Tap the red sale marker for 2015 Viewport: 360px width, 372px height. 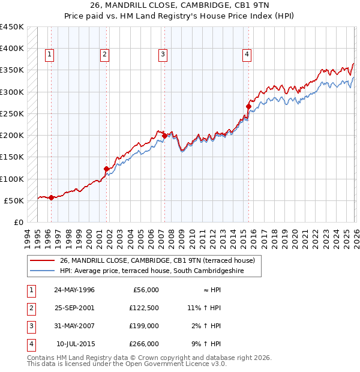click(248, 107)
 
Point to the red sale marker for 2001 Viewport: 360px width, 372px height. click(107, 169)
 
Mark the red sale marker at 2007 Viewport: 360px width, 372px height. click(164, 136)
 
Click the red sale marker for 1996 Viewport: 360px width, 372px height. click(51, 197)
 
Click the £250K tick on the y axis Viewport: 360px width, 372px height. click(12, 113)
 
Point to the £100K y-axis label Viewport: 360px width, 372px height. click(12, 179)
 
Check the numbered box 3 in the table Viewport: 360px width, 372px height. click(31, 326)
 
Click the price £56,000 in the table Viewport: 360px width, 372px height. click(144, 289)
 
